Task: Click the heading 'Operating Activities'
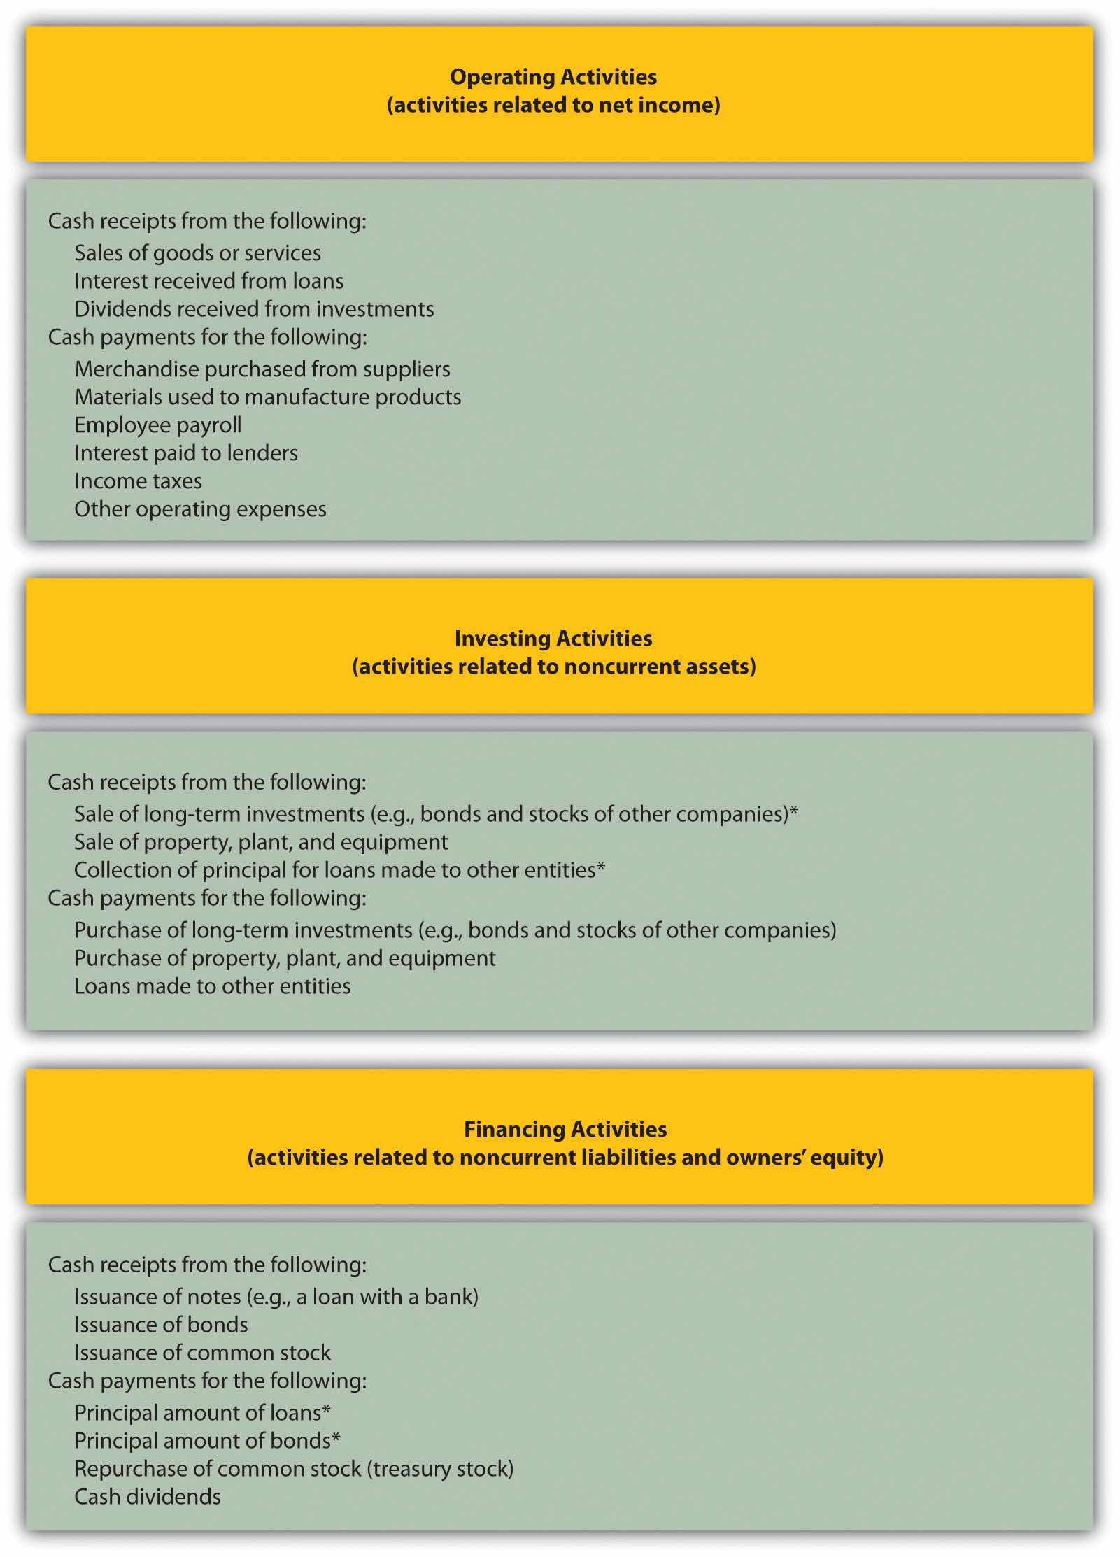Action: pyautogui.click(x=553, y=77)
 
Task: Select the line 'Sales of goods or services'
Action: pyautogui.click(x=197, y=253)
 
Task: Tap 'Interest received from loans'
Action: pyautogui.click(x=208, y=281)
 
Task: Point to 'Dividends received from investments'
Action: pyautogui.click(x=254, y=309)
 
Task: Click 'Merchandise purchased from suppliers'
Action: pyautogui.click(x=262, y=369)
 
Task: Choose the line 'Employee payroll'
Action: pyautogui.click(x=157, y=425)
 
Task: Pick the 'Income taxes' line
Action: pyautogui.click(x=138, y=481)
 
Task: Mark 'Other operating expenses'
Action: pyautogui.click(x=200, y=509)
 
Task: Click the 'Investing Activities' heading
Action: pyautogui.click(x=553, y=639)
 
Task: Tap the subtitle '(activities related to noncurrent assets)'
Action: pyautogui.click(x=553, y=667)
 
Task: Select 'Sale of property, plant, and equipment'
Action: pyautogui.click(x=261, y=842)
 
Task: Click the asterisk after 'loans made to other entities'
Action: pyautogui.click(x=600, y=867)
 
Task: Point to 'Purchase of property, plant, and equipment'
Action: pyautogui.click(x=285, y=958)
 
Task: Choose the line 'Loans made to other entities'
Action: pyautogui.click(x=212, y=986)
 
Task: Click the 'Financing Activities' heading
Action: pyautogui.click(x=565, y=1130)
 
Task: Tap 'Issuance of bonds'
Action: pyautogui.click(x=161, y=1325)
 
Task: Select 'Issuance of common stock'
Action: pyautogui.click(x=202, y=1353)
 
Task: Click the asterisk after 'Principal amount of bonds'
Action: pyautogui.click(x=336, y=1438)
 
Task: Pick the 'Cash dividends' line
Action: pyautogui.click(x=148, y=1497)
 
